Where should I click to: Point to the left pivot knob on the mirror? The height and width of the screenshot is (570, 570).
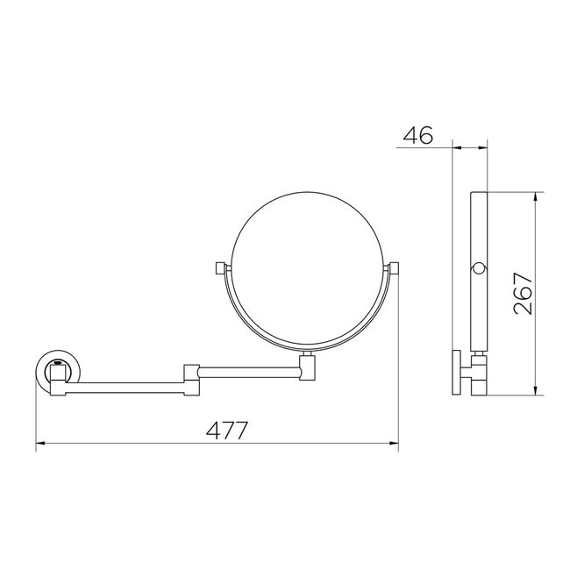click(x=219, y=267)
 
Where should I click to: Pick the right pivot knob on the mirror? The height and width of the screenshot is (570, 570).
click(x=394, y=267)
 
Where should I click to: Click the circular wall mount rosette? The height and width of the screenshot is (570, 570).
click(x=55, y=374)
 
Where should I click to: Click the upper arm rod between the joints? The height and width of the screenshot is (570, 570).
click(x=250, y=372)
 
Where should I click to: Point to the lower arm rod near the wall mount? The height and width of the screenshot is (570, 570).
click(x=123, y=383)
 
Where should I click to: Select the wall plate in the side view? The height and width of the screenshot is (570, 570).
click(x=457, y=373)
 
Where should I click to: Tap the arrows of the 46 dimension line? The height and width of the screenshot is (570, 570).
click(x=470, y=146)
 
